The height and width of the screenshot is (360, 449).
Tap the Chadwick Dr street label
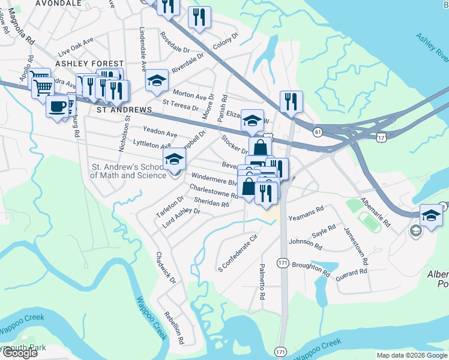point(166,268)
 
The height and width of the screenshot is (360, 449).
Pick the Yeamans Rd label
point(306,213)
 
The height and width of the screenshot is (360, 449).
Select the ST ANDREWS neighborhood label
point(124,110)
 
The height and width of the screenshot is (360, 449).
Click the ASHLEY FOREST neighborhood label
point(89,63)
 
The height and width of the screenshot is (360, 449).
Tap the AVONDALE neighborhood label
point(58,3)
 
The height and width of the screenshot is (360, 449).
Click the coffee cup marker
point(57,107)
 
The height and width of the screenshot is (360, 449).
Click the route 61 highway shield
point(318,131)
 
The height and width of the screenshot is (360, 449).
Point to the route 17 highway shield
point(381,138)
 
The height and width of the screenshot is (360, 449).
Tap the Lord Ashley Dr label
point(181,218)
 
